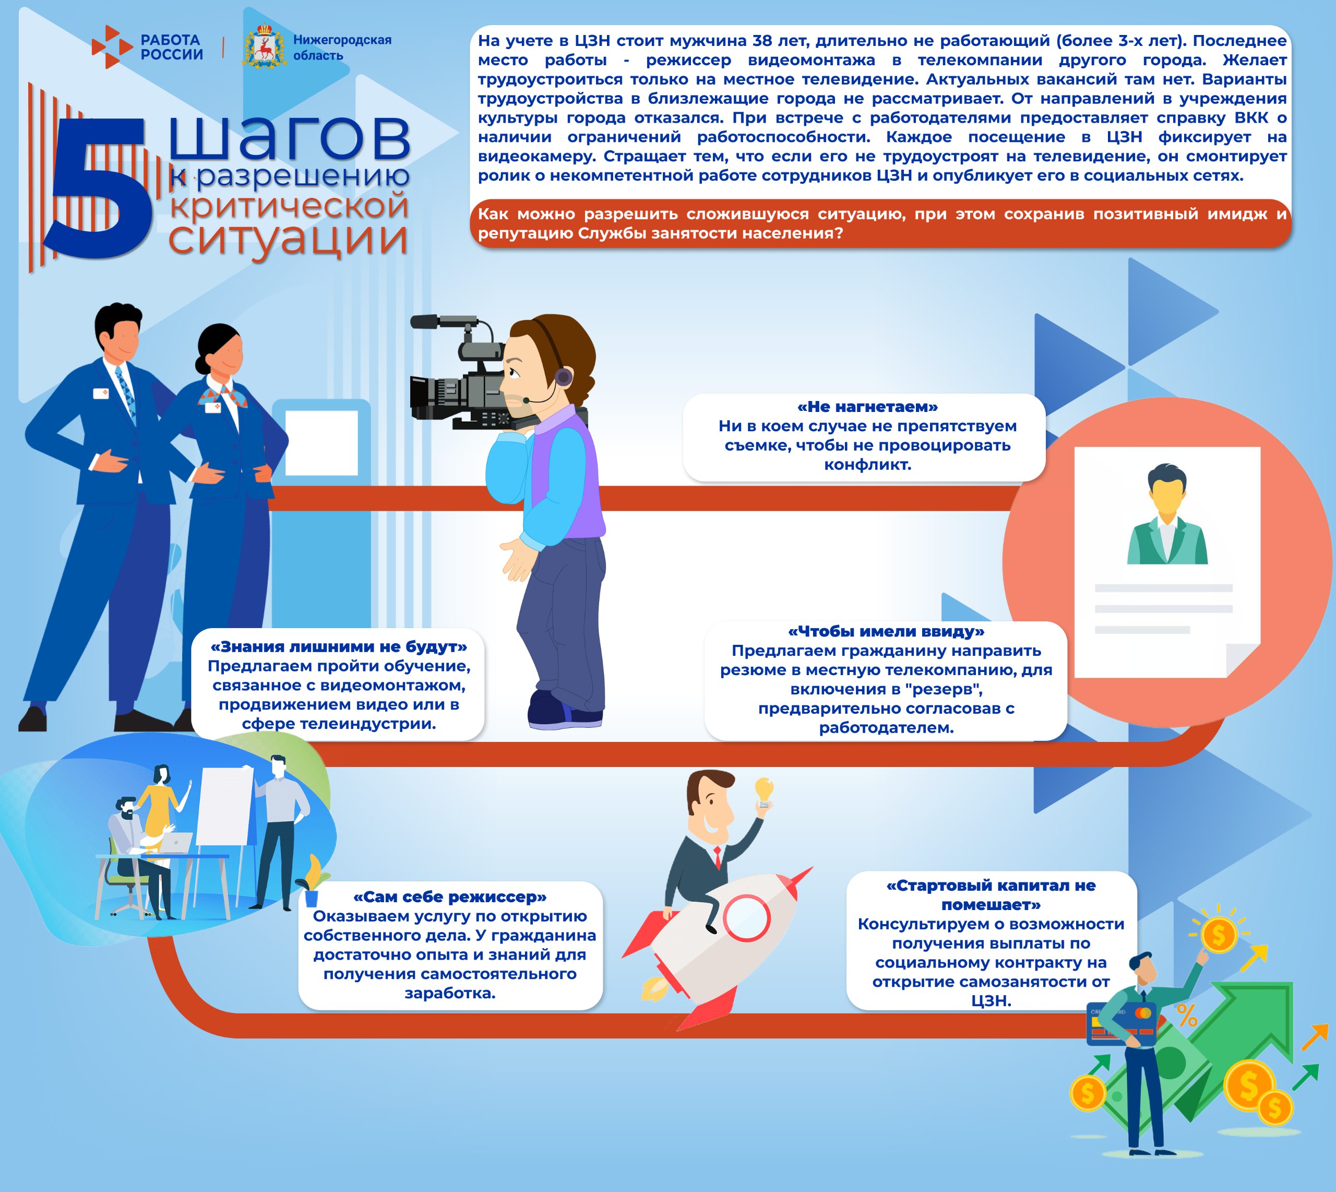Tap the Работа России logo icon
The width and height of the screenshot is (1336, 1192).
(112, 47)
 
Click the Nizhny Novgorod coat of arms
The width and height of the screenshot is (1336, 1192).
(265, 47)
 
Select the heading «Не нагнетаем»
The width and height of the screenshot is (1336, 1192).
(867, 407)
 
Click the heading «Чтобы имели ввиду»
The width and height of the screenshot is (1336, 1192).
(886, 631)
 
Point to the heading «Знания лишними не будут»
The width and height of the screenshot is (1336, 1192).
(338, 647)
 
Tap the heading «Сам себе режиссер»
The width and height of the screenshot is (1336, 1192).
(450, 896)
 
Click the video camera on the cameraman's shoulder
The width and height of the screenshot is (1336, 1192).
(458, 386)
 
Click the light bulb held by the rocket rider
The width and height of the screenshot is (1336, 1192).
(763, 789)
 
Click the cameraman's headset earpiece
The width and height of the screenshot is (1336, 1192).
(563, 376)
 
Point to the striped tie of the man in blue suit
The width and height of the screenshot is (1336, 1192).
(126, 393)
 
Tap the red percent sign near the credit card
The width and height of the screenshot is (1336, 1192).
(1187, 1015)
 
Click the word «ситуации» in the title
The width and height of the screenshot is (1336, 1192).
(288, 239)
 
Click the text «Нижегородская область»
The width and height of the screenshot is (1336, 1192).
(342, 47)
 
